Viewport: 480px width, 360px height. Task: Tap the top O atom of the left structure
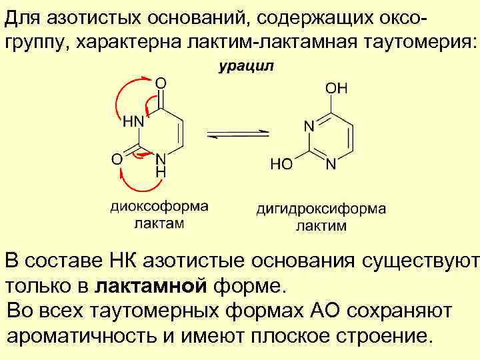161,84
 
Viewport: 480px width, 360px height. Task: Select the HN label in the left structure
133,122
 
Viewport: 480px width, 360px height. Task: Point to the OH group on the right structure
336,88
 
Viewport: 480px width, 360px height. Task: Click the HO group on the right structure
281,164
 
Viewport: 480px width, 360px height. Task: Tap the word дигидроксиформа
321,209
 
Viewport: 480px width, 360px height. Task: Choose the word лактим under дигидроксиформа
321,225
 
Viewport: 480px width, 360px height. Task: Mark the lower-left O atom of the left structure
116,159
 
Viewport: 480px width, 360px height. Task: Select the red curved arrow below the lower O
133,181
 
